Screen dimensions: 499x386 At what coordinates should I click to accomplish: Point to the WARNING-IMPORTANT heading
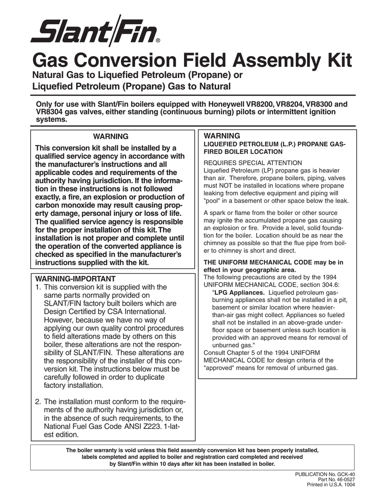point(75,279)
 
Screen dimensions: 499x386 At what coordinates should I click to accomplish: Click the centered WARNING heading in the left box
point(111,136)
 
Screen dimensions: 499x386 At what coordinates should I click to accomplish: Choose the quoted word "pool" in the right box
point(213,200)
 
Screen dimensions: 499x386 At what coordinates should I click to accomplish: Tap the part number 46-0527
point(345,480)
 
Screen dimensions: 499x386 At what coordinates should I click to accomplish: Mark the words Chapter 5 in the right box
point(242,353)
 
